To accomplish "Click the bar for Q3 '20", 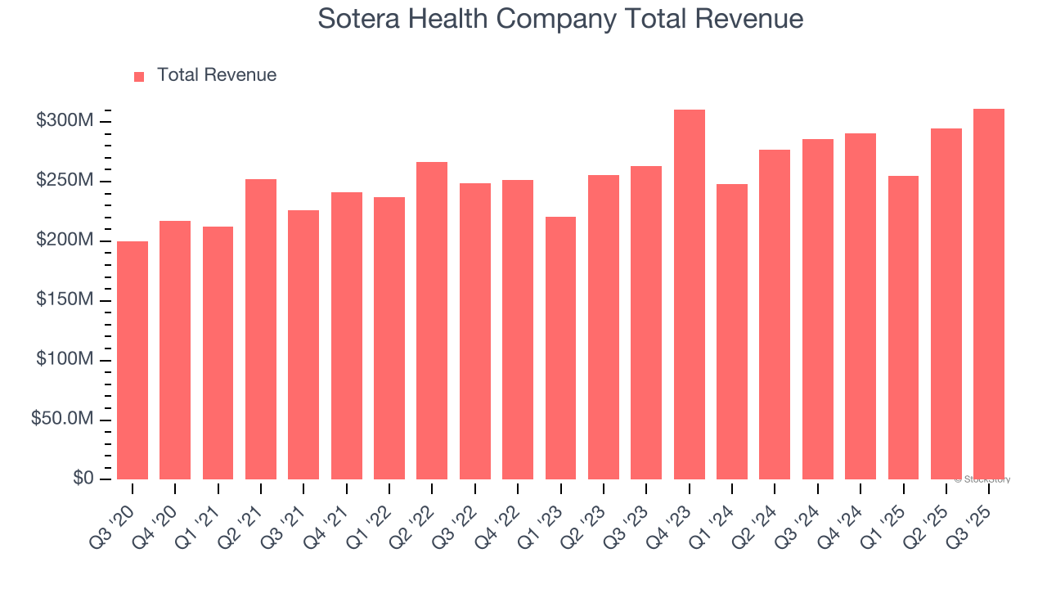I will pos(133,360).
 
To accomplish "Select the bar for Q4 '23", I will pos(690,294).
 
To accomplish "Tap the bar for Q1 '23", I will pos(561,348).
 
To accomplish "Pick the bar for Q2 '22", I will pos(432,321).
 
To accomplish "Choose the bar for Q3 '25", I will pos(989,294).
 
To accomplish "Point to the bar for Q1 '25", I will pos(903,327).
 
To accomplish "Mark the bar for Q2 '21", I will pos(261,329).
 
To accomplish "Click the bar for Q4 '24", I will pos(861,306).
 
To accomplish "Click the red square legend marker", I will pos(139,76).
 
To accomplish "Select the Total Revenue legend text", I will pos(217,75).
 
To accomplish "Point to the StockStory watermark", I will pos(982,479).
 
